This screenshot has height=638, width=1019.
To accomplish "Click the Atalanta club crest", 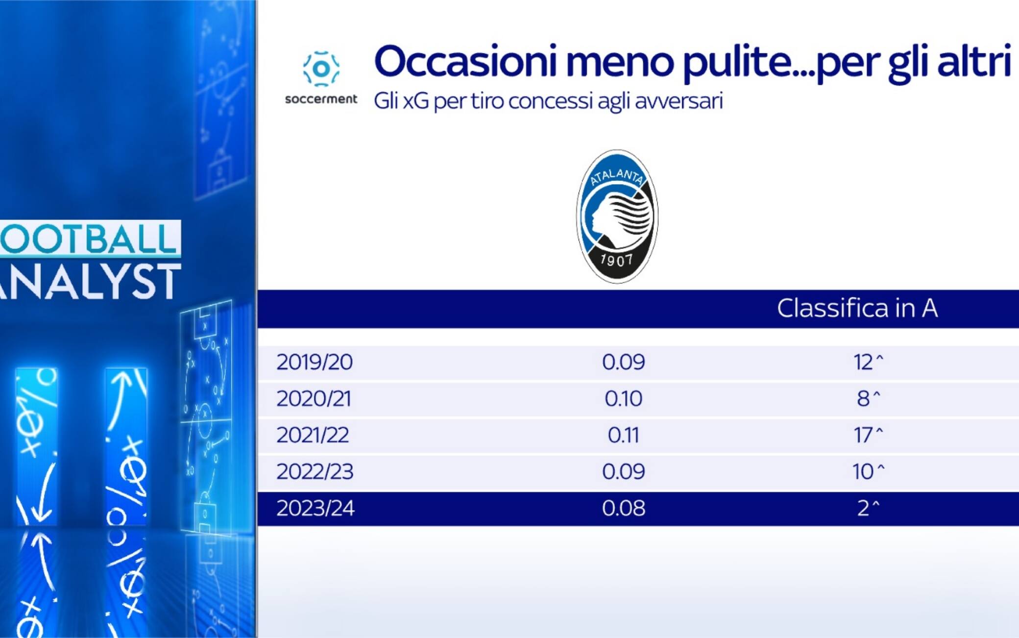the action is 617,216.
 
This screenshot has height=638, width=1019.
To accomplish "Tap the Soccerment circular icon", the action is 321,68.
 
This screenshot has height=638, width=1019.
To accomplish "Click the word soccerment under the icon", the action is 321,99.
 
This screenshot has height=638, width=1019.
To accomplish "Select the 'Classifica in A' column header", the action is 857,308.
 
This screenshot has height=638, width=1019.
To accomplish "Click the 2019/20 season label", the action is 315,362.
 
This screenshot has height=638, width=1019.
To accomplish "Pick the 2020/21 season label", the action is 314,398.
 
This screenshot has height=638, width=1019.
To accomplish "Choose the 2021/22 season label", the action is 313,435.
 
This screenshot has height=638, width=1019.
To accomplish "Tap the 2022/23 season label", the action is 315,471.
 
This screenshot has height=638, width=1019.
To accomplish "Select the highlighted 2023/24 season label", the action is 315,508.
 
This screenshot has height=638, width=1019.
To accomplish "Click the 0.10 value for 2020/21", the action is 623,398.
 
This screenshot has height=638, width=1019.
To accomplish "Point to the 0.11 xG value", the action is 623,435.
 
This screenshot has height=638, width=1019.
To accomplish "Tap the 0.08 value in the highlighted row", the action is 623,508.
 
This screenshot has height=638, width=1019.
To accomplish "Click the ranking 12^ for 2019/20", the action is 868,362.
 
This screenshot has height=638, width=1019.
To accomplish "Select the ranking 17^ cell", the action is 868,435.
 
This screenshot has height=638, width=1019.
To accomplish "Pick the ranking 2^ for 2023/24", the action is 868,508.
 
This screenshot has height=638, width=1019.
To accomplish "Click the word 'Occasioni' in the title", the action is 466,61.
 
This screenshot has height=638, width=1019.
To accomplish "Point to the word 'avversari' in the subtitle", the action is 679,101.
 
